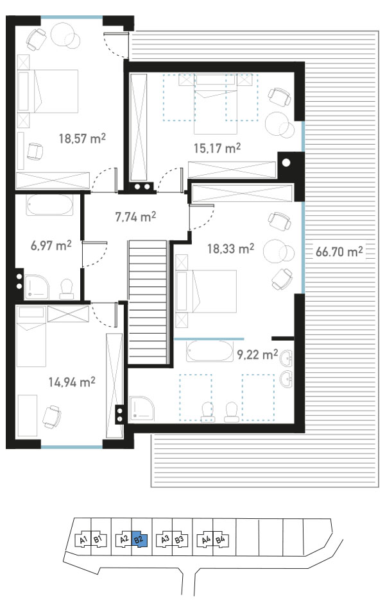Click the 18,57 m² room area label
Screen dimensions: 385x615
(82, 138)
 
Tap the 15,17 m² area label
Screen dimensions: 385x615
(217, 148)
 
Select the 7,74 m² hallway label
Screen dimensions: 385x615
(135, 217)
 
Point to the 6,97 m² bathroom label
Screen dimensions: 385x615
(51, 246)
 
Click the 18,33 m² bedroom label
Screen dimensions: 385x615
(230, 249)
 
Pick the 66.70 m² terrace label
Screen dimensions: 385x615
(339, 251)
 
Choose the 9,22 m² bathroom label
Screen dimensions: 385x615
(257, 354)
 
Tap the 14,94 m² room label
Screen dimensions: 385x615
(72, 382)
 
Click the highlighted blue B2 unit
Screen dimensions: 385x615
(139, 539)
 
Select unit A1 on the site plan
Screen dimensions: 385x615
(83, 539)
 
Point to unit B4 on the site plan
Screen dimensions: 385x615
(220, 539)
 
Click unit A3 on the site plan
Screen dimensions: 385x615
(165, 539)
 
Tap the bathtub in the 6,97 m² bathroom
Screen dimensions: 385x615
(49, 205)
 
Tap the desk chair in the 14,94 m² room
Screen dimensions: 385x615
(52, 416)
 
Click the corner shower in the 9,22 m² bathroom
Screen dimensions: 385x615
(142, 409)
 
